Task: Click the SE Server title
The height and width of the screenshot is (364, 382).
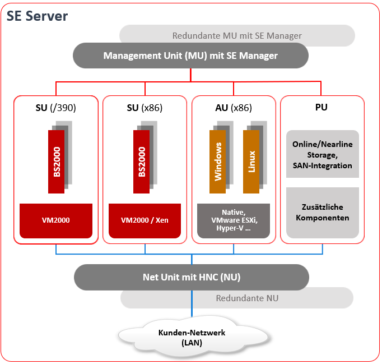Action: [x=38, y=16]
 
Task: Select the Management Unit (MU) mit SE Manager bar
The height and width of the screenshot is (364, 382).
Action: [x=190, y=56]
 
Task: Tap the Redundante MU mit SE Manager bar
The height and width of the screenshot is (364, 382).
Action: [x=237, y=36]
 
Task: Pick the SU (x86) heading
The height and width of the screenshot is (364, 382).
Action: [x=146, y=108]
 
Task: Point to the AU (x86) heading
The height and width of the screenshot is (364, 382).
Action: [x=234, y=108]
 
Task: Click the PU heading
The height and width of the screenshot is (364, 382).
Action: [x=322, y=108]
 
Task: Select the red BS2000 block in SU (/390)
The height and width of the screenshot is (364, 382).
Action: [x=57, y=162]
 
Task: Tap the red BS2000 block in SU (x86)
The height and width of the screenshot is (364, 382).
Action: [x=142, y=162]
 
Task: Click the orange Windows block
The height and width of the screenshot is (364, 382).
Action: [x=218, y=162]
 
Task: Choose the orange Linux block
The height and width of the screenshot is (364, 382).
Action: [x=251, y=162]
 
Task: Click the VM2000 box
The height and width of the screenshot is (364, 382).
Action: [x=56, y=220]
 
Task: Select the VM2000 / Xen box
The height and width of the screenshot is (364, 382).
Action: [x=145, y=220]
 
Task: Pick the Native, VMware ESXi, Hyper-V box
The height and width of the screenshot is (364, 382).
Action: [x=234, y=220]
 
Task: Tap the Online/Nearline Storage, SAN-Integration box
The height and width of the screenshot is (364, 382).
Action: [x=322, y=154]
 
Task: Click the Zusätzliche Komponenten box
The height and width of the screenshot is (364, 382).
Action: [x=322, y=211]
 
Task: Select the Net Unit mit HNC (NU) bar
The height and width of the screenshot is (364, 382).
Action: [x=191, y=277]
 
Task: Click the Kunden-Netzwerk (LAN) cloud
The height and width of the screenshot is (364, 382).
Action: [x=192, y=337]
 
